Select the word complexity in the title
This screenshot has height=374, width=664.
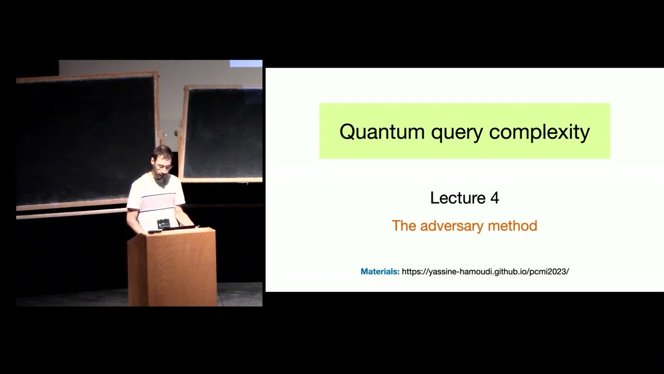(x=539, y=132)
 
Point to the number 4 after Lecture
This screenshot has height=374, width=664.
(x=494, y=198)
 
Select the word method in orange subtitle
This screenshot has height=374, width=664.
(x=511, y=225)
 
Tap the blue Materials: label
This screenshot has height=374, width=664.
(x=380, y=272)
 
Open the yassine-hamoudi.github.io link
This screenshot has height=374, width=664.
(x=485, y=272)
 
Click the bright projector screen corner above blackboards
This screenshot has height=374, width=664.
(x=246, y=63)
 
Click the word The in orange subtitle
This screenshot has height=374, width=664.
(x=403, y=226)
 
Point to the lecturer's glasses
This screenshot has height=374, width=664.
(x=163, y=167)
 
